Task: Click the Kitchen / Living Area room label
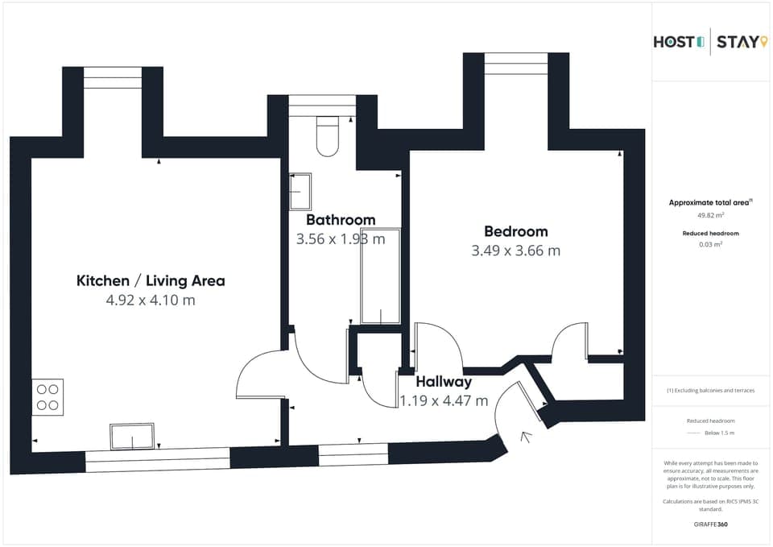[x=151, y=281]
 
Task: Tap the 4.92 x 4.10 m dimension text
[x=151, y=300]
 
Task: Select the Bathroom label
[x=341, y=220]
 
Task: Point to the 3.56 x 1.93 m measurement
[x=341, y=238]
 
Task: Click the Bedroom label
[x=515, y=231]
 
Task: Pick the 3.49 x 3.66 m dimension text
[x=515, y=251]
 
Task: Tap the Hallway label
[x=444, y=382]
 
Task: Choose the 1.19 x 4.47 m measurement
[x=444, y=400]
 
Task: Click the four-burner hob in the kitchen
[x=48, y=397]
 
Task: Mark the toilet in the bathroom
[x=328, y=136]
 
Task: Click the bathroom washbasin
[x=300, y=190]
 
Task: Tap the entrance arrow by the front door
[x=527, y=437]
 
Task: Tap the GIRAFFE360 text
[x=710, y=524]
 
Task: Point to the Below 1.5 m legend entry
[x=718, y=433]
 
